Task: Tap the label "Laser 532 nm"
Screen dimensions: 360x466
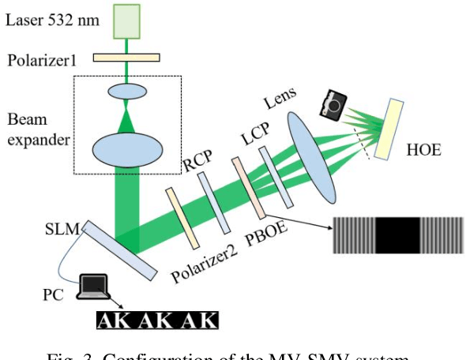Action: click(x=52, y=20)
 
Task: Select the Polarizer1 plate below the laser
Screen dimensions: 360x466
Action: click(x=126, y=57)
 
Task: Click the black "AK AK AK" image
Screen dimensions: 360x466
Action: click(x=156, y=320)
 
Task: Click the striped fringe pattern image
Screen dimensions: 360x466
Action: click(x=397, y=234)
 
